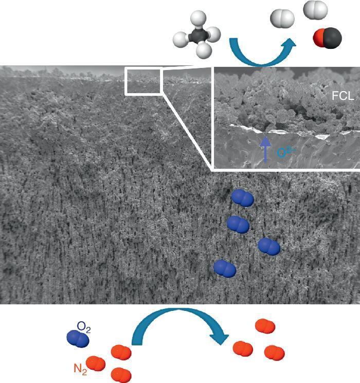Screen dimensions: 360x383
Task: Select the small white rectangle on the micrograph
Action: pos(144,81)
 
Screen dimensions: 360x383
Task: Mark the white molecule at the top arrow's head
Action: pos(283,20)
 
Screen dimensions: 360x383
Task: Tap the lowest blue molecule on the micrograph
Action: pos(225,268)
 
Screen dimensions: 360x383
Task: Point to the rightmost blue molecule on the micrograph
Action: pos(269,247)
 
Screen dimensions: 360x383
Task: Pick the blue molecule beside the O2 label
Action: pos(78,337)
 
